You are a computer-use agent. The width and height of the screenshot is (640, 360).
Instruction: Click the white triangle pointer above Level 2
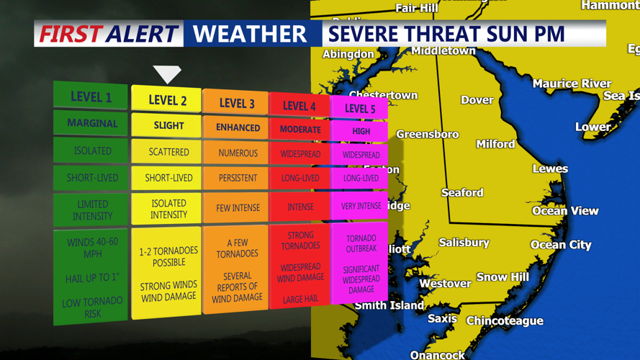click(167, 73)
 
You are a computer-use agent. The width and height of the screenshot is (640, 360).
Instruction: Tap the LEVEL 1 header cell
click(91, 97)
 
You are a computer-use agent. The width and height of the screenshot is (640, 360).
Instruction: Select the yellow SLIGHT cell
click(168, 125)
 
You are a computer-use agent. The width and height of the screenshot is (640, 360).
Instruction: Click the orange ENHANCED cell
click(238, 127)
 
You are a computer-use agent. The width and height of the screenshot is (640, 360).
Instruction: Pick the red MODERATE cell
click(299, 130)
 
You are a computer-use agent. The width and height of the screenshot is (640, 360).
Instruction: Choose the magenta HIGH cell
click(361, 131)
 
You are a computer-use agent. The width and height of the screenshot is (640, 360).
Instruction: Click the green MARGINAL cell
click(91, 123)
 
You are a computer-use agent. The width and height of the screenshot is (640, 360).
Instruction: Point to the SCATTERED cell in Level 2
click(168, 152)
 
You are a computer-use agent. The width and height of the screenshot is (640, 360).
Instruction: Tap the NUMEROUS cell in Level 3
click(238, 153)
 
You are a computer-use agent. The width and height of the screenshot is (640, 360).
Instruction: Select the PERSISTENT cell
click(238, 178)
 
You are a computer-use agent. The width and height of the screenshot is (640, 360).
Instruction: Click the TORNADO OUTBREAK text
click(361, 243)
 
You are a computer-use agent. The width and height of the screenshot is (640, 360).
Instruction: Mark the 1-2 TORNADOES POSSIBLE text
click(168, 256)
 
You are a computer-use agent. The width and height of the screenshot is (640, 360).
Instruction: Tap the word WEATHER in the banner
click(250, 34)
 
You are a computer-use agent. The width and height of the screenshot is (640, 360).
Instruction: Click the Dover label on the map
click(477, 100)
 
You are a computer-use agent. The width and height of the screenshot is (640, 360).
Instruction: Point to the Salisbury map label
click(464, 243)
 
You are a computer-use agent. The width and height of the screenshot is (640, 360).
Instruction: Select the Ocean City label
click(561, 245)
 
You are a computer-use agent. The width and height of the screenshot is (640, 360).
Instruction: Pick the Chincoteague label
click(505, 320)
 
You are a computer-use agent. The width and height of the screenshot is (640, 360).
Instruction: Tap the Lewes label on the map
click(550, 168)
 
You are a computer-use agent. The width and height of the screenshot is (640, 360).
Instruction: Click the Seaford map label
click(462, 192)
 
